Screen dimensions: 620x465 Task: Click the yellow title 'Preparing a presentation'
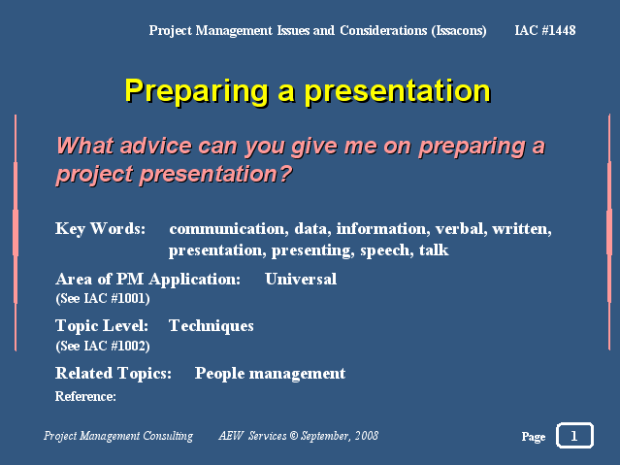click(x=308, y=91)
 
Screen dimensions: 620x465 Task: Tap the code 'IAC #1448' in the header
click(x=545, y=30)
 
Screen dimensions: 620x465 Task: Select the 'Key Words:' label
click(x=101, y=229)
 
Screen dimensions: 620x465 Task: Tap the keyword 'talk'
click(x=434, y=249)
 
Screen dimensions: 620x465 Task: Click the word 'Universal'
click(x=301, y=279)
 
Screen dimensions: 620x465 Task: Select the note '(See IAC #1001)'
click(x=103, y=298)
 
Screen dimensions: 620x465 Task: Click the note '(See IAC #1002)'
click(x=103, y=346)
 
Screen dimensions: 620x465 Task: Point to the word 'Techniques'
click(x=212, y=326)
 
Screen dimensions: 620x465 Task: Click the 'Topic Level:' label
click(x=102, y=326)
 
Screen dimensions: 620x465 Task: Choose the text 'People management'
click(x=270, y=374)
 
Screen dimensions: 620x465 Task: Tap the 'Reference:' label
click(x=85, y=396)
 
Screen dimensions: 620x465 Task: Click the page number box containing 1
click(x=574, y=435)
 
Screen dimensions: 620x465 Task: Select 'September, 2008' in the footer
click(x=340, y=436)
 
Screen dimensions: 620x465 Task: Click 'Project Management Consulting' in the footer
click(x=118, y=436)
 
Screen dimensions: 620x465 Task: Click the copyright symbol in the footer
click(x=293, y=436)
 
